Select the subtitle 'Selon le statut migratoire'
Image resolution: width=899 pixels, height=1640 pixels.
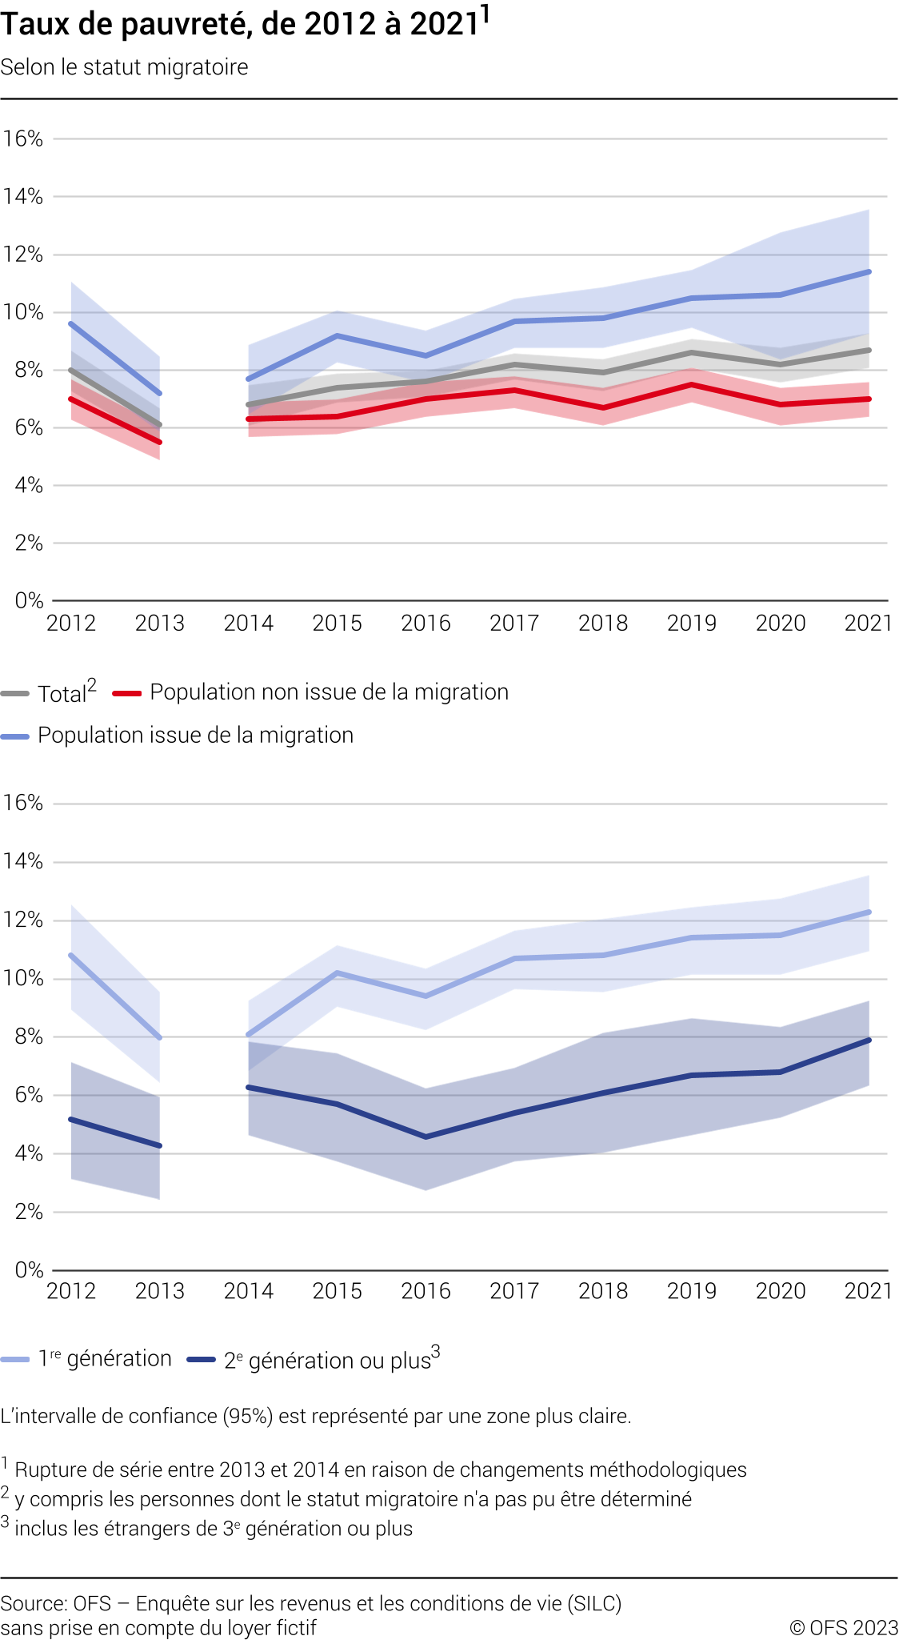(124, 67)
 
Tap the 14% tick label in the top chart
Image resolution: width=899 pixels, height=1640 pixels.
(23, 197)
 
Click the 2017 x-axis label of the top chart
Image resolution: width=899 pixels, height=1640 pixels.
(514, 624)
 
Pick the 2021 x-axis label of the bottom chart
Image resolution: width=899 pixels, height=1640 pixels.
(868, 1291)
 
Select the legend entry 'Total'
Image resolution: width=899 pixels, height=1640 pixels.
(62, 693)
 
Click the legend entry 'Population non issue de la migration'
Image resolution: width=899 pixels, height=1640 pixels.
(329, 692)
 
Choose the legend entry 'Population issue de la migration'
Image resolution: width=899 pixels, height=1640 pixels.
(195, 736)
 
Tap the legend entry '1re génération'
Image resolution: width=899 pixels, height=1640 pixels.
(105, 1359)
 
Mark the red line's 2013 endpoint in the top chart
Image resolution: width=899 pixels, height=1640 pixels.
(160, 442)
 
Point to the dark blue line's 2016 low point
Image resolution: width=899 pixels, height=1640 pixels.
(426, 1137)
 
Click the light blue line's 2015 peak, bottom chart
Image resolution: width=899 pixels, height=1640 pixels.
(338, 972)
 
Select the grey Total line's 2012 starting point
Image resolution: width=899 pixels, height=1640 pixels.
(71, 370)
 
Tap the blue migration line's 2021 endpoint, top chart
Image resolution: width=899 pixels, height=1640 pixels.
(869, 272)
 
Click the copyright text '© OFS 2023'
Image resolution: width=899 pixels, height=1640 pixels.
(844, 1628)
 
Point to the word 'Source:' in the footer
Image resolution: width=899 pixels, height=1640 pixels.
(34, 1604)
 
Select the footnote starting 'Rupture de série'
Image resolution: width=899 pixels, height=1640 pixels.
(381, 1470)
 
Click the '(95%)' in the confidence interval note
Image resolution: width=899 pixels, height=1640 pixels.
(248, 1417)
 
